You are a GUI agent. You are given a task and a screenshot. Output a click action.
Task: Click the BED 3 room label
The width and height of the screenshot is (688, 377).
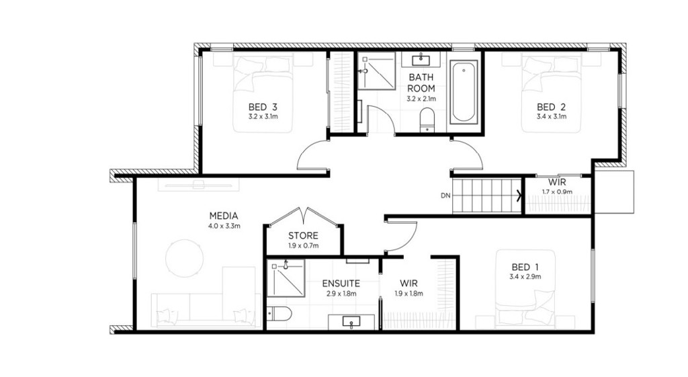pos(263,107)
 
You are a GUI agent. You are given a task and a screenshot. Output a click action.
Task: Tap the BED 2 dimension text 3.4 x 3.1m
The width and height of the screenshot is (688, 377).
pos(552,117)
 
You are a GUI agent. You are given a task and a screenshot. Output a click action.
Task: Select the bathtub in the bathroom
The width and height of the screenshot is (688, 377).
pos(464,91)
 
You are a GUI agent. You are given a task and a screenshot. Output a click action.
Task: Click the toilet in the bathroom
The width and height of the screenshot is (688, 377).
pos(427,120)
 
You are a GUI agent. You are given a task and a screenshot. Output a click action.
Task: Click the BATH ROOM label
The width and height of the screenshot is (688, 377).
pos(421,83)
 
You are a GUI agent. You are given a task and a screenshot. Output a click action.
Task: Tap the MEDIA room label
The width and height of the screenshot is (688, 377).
pos(224,216)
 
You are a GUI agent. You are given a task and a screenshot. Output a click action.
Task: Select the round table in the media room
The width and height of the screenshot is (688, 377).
pos(185,258)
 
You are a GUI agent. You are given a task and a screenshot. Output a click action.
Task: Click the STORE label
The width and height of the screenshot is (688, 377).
pos(303,236)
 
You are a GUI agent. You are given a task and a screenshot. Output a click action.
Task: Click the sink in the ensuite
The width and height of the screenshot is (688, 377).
pos(351,322)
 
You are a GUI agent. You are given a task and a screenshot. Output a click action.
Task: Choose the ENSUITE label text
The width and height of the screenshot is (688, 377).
pos(341,284)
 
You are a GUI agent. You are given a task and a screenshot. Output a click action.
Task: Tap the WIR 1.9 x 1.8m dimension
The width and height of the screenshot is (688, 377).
pos(408,294)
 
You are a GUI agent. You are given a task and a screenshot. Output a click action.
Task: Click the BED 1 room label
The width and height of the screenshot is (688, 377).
pos(525,267)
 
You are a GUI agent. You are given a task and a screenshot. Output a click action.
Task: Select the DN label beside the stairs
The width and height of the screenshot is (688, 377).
pos(445,196)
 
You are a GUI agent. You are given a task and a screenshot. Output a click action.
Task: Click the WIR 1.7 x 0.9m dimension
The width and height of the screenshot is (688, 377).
pos(557,192)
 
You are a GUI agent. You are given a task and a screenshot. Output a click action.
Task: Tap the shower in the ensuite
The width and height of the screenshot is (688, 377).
pos(286,278)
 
